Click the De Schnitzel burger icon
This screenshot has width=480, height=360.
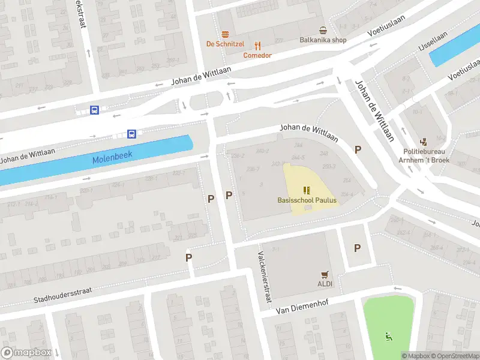(x=226, y=34)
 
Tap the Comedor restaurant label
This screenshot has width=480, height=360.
(x=257, y=55)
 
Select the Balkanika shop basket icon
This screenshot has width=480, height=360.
(x=323, y=31)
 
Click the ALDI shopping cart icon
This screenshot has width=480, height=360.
(x=325, y=274)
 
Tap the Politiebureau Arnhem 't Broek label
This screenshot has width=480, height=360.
(x=424, y=156)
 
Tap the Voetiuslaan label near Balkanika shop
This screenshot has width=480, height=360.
(x=385, y=32)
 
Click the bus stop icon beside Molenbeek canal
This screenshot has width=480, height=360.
(x=132, y=133)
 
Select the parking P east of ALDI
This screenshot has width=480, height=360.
(x=358, y=247)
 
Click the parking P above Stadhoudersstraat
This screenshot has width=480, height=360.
(x=188, y=257)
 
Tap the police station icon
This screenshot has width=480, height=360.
(x=424, y=142)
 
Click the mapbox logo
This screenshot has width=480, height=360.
(x=25, y=353)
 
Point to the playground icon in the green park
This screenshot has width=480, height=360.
(x=389, y=337)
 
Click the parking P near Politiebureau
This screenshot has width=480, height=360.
(x=358, y=150)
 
